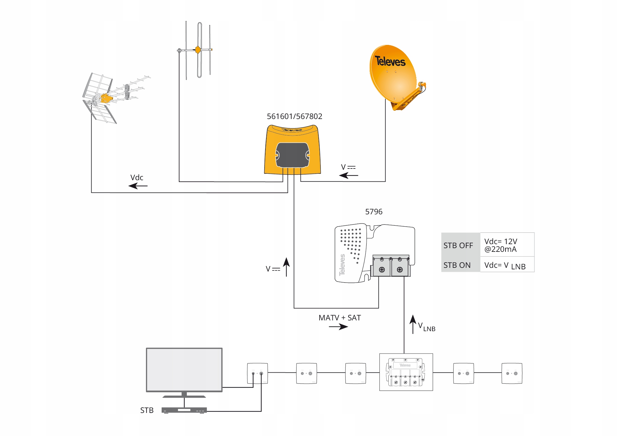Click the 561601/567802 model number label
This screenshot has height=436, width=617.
tap(294, 117)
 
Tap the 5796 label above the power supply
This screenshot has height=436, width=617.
tap(374, 212)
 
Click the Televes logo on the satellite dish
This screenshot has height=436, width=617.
tap(390, 61)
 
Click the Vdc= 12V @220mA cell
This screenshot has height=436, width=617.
tap(507, 245)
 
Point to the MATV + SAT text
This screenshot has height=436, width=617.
tap(340, 318)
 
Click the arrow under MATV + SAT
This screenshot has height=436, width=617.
tap(338, 327)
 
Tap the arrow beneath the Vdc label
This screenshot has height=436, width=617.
tap(138, 186)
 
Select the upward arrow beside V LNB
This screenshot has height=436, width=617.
tap(413, 324)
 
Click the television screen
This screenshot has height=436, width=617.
tap(184, 370)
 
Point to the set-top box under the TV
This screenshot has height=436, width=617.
tap(184, 410)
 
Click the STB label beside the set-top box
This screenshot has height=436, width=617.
tap(147, 410)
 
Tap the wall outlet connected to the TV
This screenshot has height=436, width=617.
tap(257, 373)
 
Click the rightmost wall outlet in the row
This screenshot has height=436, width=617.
tap(512, 373)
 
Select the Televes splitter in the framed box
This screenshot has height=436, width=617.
tap(406, 372)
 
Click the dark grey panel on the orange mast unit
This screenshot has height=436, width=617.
tap(293, 155)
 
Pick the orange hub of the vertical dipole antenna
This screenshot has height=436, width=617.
tap(198, 50)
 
